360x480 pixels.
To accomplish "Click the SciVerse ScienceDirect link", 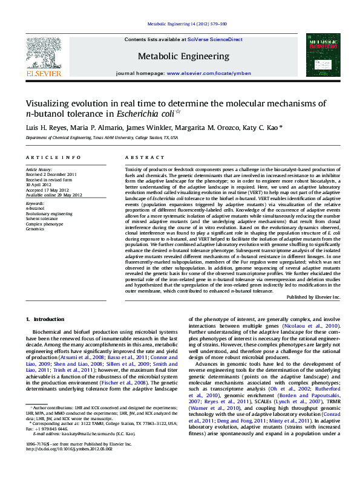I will pyautogui.click(x=215, y=39).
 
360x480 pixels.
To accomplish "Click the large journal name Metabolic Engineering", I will pyautogui.click(x=184, y=56).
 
